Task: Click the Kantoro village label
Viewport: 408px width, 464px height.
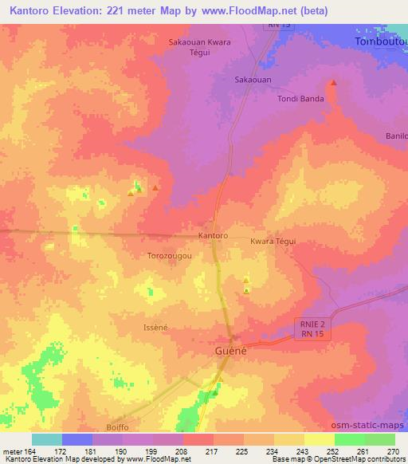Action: tap(213, 236)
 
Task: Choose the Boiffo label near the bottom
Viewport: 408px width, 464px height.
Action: tap(116, 427)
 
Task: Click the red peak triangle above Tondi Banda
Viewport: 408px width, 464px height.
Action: tap(333, 82)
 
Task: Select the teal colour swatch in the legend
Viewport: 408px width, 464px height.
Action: tap(46, 439)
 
